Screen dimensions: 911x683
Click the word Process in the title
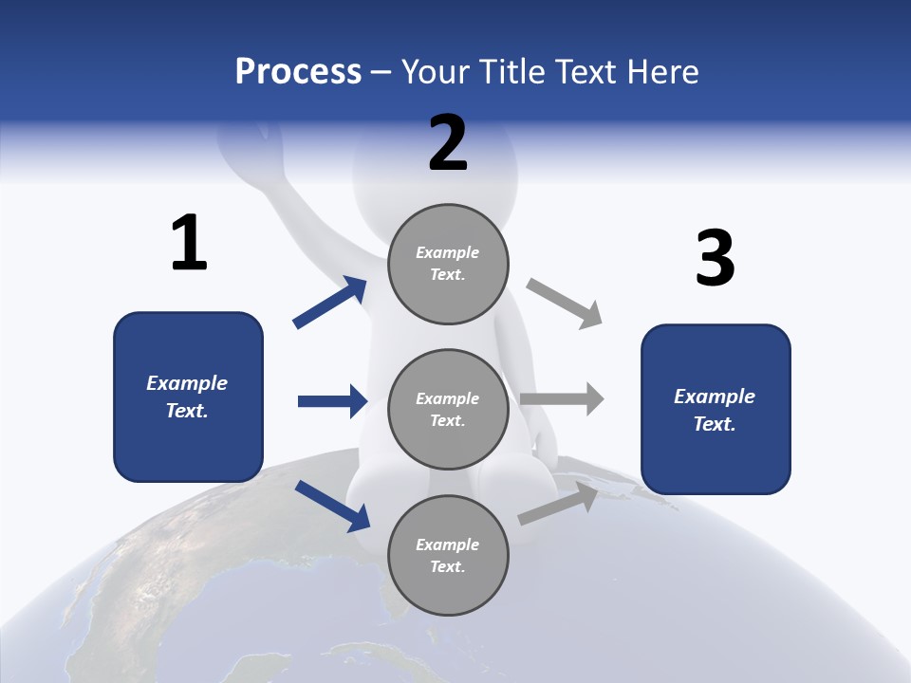pyautogui.click(x=298, y=71)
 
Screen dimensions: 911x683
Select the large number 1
pyautogui.click(x=189, y=243)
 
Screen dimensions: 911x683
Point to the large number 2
pyautogui.click(x=448, y=143)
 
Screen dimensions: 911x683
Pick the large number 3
pyautogui.click(x=715, y=258)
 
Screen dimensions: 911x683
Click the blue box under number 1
pyautogui.click(x=188, y=397)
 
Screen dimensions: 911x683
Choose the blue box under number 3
pyautogui.click(x=716, y=409)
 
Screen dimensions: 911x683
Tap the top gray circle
pyautogui.click(x=448, y=263)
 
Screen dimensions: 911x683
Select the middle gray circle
pyautogui.click(x=448, y=409)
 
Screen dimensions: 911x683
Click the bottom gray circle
pyautogui.click(x=448, y=555)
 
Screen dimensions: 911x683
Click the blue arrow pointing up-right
pyautogui.click(x=331, y=302)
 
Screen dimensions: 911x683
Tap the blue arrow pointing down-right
pyautogui.click(x=332, y=505)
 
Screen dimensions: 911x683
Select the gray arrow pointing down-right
pyautogui.click(x=565, y=304)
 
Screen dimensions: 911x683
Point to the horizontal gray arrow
pyautogui.click(x=562, y=398)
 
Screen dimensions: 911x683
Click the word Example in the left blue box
pyautogui.click(x=187, y=383)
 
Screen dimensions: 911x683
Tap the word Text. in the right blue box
pyautogui.click(x=715, y=424)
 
